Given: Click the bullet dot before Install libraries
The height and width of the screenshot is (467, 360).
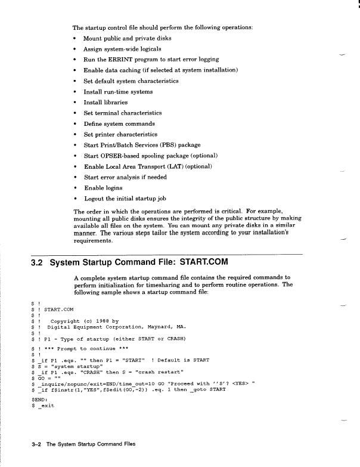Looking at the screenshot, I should [75, 103].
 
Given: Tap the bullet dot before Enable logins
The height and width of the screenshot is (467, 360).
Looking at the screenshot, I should [75, 188].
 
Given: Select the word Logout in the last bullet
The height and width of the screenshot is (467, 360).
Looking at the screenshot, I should [94, 199].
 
